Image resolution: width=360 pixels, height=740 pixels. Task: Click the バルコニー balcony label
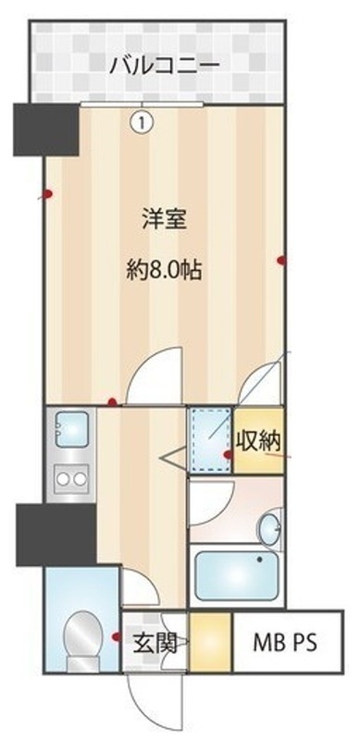164,65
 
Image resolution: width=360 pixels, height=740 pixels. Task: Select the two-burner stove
70,479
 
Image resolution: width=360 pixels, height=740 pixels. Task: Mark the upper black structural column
45,128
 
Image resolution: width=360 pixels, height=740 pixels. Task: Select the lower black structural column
56,534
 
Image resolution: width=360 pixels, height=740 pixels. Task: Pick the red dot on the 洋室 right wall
281,260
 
